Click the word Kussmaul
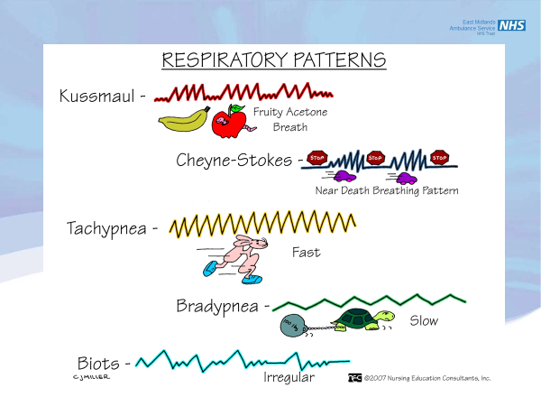(x=96, y=96)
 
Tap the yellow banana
(x=184, y=119)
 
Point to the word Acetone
(x=304, y=112)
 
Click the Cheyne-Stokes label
(x=234, y=161)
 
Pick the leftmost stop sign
(x=316, y=157)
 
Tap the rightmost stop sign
(x=440, y=157)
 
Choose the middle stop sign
(x=376, y=157)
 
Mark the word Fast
(x=306, y=253)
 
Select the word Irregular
(x=289, y=377)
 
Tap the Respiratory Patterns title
(x=273, y=60)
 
